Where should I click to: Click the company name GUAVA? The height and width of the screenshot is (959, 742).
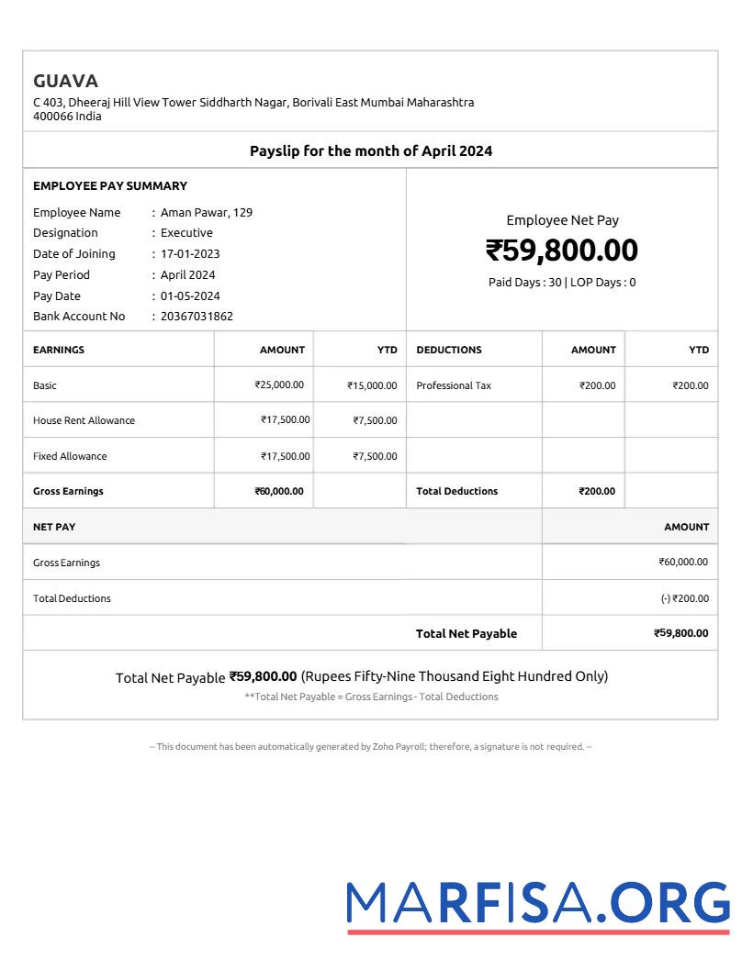pos(65,81)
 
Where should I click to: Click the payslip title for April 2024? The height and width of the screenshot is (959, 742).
pos(371,151)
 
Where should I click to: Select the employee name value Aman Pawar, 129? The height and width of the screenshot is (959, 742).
pos(207,212)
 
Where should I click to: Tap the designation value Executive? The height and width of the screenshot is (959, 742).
pos(186,233)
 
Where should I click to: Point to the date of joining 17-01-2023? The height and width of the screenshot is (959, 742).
pos(190,254)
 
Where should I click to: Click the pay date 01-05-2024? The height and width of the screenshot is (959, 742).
pos(190,296)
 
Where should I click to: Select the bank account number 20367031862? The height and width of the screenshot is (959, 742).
pos(197,317)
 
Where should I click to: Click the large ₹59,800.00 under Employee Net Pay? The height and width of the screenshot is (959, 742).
pos(562,251)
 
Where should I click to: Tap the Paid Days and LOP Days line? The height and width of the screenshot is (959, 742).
pos(562,283)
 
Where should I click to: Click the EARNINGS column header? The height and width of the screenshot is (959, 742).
pos(59,350)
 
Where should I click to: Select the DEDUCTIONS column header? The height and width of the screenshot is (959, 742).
pos(449,350)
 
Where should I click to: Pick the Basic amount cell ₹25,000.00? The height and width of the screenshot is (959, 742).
pos(279,385)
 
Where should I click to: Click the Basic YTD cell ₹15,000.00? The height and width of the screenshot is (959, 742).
pos(372,385)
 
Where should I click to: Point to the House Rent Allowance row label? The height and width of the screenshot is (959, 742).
pos(84,420)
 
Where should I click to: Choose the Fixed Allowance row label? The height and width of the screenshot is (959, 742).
pos(70,456)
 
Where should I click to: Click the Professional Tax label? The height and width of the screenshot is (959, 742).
pos(454,385)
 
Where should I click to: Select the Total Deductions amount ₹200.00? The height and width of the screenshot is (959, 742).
pos(597,491)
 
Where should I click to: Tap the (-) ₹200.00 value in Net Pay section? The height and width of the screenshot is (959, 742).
pos(684,598)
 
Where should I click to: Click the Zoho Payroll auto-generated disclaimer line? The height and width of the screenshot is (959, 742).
pos(371,747)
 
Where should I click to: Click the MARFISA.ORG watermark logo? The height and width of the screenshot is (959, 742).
pos(538,904)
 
